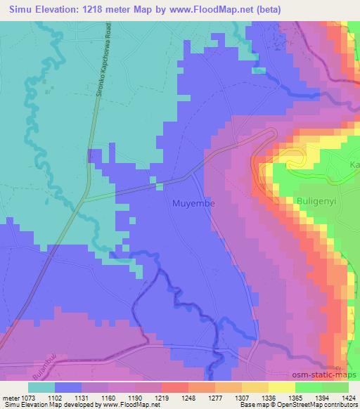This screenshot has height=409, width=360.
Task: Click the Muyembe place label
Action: (193, 204)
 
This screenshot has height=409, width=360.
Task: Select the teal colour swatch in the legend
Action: (41, 387)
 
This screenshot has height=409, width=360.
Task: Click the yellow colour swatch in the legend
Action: (282, 387)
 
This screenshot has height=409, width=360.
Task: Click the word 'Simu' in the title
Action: (18, 10)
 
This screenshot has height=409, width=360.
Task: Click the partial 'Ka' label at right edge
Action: (354, 164)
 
